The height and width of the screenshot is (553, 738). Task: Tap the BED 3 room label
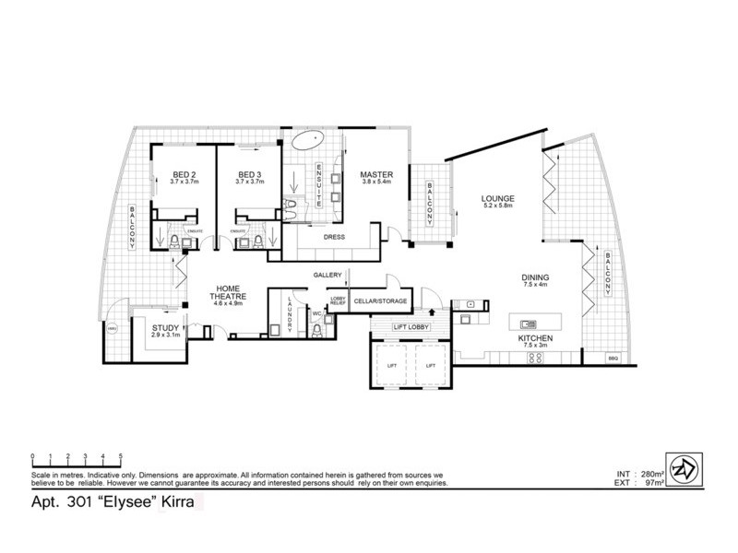coord(250,175)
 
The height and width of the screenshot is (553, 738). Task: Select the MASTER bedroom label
coord(377,173)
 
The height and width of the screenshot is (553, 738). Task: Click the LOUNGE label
coord(497,198)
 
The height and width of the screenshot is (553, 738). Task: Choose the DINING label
coord(535,276)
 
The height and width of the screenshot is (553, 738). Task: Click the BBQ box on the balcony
coord(613,358)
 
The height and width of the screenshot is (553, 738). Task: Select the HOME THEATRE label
coord(229,291)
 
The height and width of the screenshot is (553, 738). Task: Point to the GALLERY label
coord(327,275)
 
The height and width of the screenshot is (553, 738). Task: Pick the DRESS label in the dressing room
coord(334,236)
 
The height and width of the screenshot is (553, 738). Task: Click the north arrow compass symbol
coord(684,467)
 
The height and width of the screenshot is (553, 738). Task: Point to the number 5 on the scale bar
coord(120,456)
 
